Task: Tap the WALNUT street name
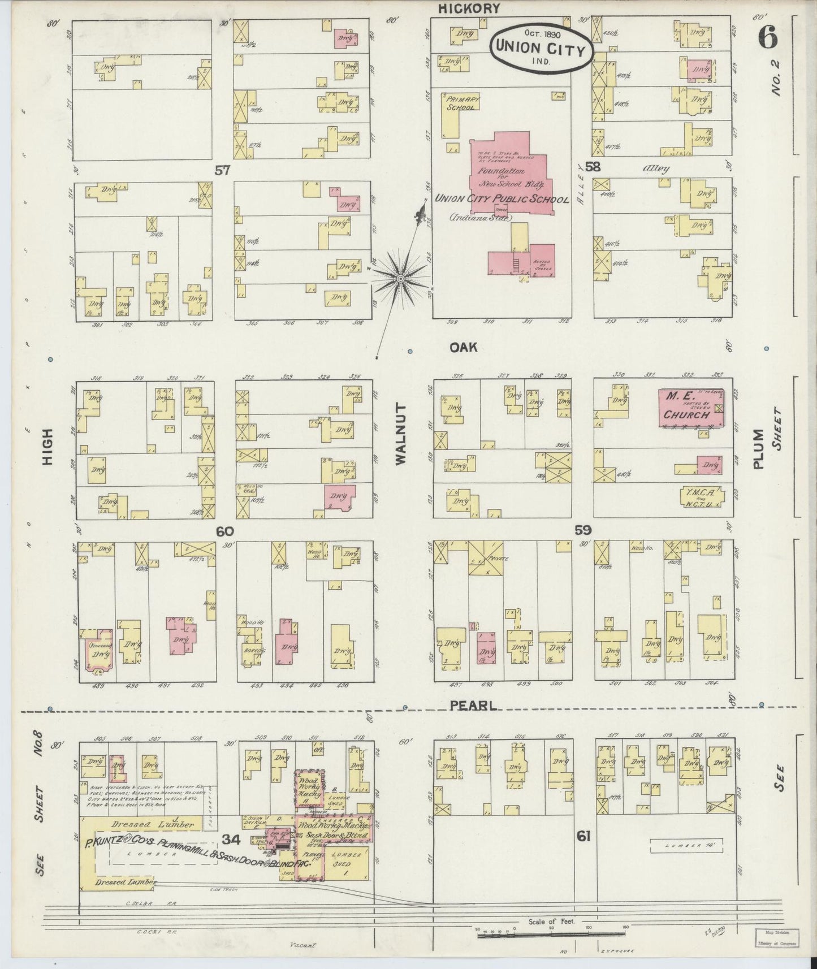tap(401, 434)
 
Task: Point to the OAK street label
tap(463, 347)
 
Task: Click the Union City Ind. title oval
tap(541, 48)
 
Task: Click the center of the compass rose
tap(400, 279)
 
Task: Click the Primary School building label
tap(462, 103)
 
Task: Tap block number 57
tap(222, 170)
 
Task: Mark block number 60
tap(224, 531)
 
